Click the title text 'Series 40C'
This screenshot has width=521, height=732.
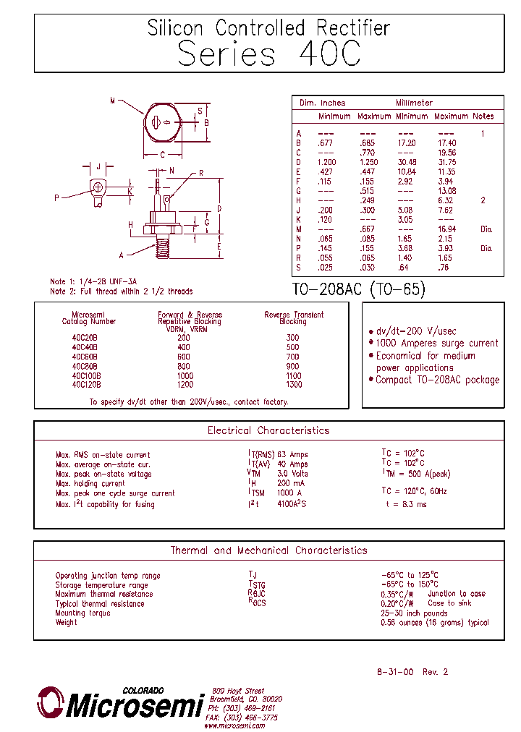point(268,54)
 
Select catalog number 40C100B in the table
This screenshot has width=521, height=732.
point(87,375)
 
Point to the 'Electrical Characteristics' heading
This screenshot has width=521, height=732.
point(268,430)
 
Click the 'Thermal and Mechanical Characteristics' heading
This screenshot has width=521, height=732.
point(268,550)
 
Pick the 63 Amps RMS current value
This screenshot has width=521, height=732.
point(292,455)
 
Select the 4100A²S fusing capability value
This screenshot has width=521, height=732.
point(291,504)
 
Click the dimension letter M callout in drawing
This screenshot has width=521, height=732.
point(113,101)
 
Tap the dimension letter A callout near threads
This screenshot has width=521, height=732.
point(122,255)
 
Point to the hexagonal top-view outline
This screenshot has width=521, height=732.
point(163,122)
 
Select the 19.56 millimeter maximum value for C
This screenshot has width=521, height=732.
point(446,153)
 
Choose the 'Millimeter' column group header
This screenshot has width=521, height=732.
point(414,103)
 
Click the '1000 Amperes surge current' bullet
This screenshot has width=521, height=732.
point(436,344)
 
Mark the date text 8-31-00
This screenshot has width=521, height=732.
point(395,672)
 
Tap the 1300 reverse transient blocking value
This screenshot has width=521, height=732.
point(292,384)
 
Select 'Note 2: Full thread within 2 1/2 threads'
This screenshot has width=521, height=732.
point(121,291)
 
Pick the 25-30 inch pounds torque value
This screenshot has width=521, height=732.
point(414,613)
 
